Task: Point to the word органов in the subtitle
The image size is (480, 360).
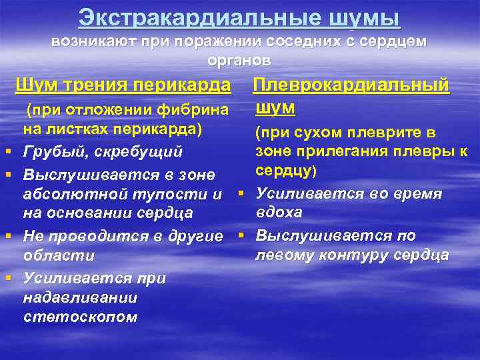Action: (x=239, y=60)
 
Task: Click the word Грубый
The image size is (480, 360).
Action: (x=52, y=153)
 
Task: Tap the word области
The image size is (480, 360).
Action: (x=59, y=256)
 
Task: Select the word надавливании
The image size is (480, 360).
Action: (x=79, y=297)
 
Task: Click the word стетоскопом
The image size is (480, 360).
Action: (x=80, y=317)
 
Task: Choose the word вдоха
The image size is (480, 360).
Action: (x=279, y=213)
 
